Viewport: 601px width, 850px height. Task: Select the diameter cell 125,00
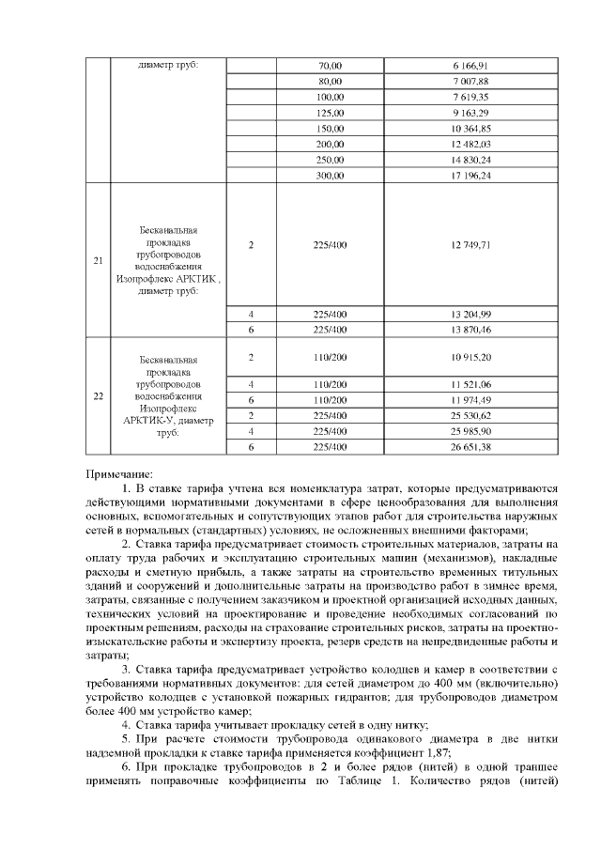point(330,112)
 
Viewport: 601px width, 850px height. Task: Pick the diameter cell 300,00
point(330,175)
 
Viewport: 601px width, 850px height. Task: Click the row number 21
point(98,260)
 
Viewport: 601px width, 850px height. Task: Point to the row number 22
point(98,395)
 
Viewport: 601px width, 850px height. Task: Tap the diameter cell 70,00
point(330,66)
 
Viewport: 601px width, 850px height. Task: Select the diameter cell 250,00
point(330,159)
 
